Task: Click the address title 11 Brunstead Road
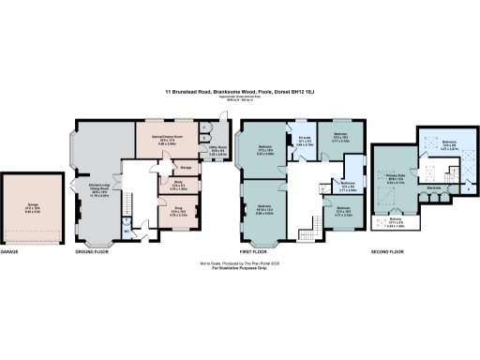[239, 92]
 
